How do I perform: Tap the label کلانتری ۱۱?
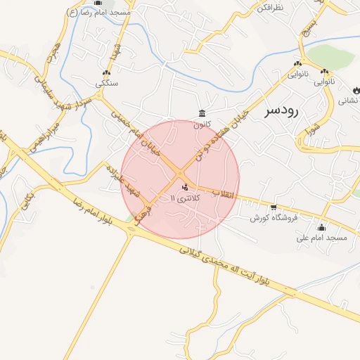coord(186,198)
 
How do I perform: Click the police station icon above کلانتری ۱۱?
coord(185,187)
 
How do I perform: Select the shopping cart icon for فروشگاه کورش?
coord(274,207)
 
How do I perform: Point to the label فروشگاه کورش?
coord(274,218)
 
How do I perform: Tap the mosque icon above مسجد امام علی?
coord(322,227)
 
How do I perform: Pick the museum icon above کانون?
coord(202,114)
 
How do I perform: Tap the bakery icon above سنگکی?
coord(107,73)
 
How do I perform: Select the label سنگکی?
coord(107,84)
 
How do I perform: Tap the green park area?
coord(330,56)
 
